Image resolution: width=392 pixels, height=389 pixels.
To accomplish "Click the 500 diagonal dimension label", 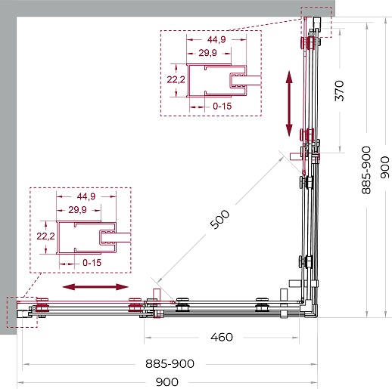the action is pyautogui.click(x=219, y=219).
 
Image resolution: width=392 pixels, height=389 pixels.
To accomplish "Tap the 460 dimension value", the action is pyautogui.click(x=222, y=337).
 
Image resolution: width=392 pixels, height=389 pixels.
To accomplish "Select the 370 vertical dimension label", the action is pyautogui.click(x=339, y=91).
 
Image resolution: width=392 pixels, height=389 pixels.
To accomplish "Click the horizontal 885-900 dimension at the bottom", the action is pyautogui.click(x=170, y=363).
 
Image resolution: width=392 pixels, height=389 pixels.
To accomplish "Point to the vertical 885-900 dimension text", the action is pyautogui.click(x=366, y=170).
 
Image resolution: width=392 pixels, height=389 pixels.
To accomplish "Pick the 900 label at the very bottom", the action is pyautogui.click(x=167, y=382).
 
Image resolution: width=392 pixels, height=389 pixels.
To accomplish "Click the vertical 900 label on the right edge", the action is pyautogui.click(x=385, y=168).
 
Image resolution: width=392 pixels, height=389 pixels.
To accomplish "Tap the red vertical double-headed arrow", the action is pyautogui.click(x=289, y=103).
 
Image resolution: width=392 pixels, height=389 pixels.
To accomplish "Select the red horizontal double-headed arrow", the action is pyautogui.click(x=95, y=287).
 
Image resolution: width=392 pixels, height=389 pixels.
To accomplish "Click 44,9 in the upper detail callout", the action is pyautogui.click(x=216, y=39).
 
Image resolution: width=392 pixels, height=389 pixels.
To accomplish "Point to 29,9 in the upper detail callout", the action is pyautogui.click(x=207, y=53).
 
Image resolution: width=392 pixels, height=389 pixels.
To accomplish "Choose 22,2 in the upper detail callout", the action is pyautogui.click(x=176, y=79).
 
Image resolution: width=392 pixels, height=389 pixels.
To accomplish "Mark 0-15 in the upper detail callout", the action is pyautogui.click(x=222, y=106).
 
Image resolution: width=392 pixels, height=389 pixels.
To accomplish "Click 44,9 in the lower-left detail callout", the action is pyautogui.click(x=86, y=196).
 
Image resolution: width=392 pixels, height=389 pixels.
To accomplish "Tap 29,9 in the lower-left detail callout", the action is pyautogui.click(x=77, y=209).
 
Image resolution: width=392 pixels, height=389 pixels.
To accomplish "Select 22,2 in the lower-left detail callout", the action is pyautogui.click(x=45, y=236).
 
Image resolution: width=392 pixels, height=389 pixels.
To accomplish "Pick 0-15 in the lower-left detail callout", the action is pyautogui.click(x=92, y=263).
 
